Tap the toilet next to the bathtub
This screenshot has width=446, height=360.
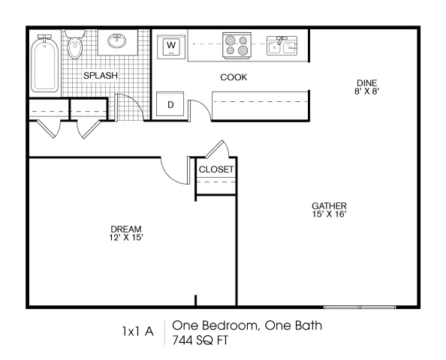click(x=75, y=44)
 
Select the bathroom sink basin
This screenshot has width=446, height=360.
click(x=117, y=41)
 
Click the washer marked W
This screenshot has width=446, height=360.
click(x=171, y=47)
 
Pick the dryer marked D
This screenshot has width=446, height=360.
click(x=170, y=103)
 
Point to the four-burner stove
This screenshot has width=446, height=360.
click(x=237, y=46)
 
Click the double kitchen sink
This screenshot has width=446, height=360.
click(x=282, y=46)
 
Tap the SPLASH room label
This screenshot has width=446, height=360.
click(x=101, y=76)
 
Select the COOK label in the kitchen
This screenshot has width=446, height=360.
click(x=234, y=77)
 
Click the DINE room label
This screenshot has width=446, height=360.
click(x=367, y=83)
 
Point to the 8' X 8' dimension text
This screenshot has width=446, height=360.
click(x=367, y=91)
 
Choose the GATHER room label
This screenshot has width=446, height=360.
click(x=329, y=205)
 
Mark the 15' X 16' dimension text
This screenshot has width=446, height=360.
click(x=329, y=214)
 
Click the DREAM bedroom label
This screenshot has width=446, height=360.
click(x=126, y=229)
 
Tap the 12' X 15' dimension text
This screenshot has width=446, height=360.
click(x=126, y=237)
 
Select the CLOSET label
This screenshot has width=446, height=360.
click(x=216, y=169)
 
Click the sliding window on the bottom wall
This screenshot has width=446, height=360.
click(x=360, y=307)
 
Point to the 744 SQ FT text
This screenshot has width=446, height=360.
click(x=200, y=340)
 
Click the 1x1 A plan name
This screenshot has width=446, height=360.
click(x=138, y=331)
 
